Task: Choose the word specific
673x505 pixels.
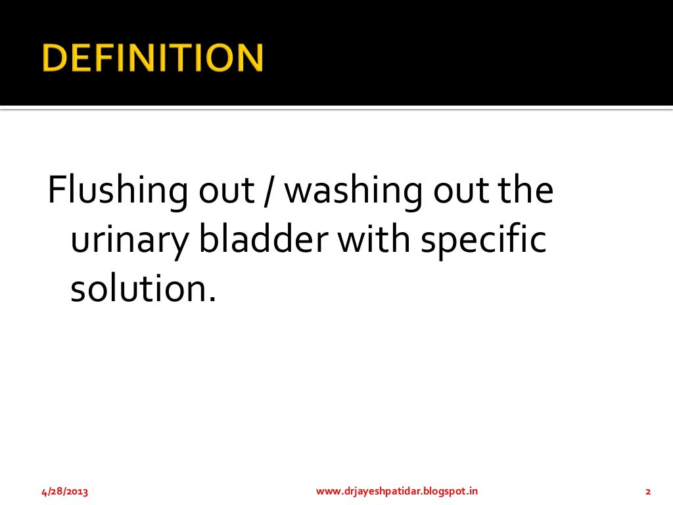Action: point(484,242)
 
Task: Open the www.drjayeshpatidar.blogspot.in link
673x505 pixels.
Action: point(397,491)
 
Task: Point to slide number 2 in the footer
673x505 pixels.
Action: point(648,491)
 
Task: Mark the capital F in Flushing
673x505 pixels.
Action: point(55,191)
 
